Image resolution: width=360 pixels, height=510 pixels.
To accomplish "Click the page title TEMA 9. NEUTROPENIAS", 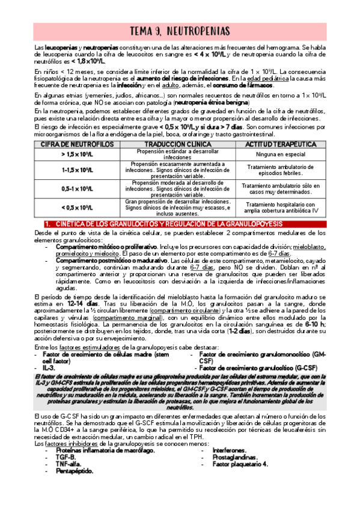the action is click(x=180, y=31).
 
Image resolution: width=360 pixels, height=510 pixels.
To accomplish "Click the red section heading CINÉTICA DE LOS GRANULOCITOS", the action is click(x=180, y=224).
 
